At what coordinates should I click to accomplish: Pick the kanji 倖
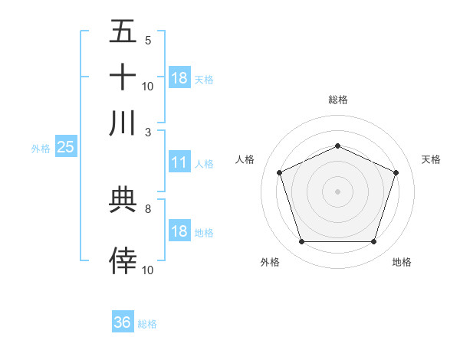point(123,260)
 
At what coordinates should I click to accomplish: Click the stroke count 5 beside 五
point(147,40)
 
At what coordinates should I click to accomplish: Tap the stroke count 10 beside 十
point(148,86)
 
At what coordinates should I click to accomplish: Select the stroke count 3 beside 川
point(147,132)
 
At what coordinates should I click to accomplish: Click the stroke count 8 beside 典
point(147,208)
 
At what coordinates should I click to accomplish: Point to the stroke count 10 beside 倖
point(148,270)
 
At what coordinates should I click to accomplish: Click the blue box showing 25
point(65,147)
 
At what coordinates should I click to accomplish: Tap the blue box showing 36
point(123,322)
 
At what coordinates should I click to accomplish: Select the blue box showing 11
point(179,162)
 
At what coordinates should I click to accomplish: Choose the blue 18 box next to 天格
point(179,78)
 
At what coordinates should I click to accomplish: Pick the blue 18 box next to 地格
point(179,231)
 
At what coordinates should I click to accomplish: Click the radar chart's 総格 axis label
point(337,100)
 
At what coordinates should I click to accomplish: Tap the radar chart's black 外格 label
point(270,263)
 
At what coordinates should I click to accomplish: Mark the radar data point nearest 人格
point(279,172)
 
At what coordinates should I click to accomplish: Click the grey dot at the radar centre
point(337,191)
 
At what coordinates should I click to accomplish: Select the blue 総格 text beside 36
point(147,324)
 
